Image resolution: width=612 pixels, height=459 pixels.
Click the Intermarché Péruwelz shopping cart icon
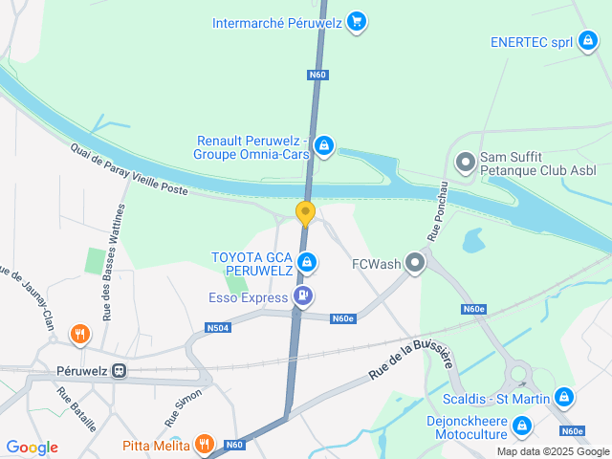pyautogui.click(x=357, y=21)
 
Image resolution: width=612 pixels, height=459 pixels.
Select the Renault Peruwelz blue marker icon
pyautogui.click(x=325, y=146)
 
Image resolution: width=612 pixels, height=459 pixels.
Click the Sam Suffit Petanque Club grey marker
pyautogui.click(x=466, y=163)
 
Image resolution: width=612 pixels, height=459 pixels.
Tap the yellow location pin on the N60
pyautogui.click(x=306, y=212)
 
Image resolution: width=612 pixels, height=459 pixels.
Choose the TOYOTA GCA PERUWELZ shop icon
pyautogui.click(x=306, y=261)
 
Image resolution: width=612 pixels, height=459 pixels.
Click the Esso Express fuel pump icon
pyautogui.click(x=303, y=297)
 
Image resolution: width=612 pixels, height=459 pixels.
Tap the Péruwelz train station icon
pyautogui.click(x=120, y=370)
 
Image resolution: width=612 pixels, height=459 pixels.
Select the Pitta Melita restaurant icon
pyautogui.click(x=204, y=445)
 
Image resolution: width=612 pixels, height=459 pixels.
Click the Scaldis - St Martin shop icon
pyautogui.click(x=564, y=397)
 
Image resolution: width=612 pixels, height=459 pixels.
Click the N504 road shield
pyautogui.click(x=218, y=328)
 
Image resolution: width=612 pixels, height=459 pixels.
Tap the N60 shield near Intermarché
pyautogui.click(x=317, y=74)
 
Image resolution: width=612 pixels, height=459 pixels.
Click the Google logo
pyautogui.click(x=32, y=448)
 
